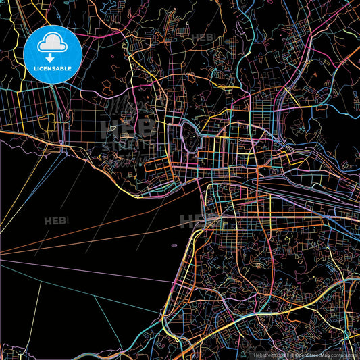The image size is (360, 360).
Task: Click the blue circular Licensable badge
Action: tap(53, 55)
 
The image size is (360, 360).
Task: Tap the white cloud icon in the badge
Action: tap(52, 45)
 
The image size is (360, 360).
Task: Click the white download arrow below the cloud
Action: tap(52, 58)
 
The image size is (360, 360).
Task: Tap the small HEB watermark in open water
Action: tap(55, 221)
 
